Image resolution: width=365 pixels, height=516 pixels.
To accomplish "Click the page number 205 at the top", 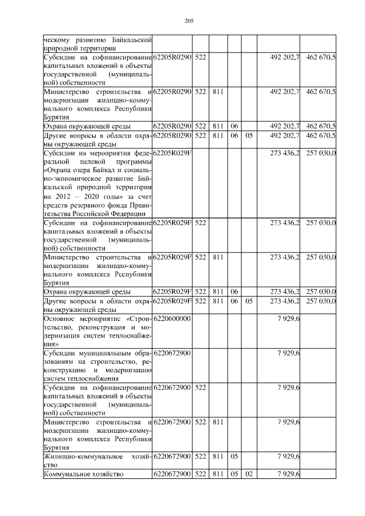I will click(189, 21).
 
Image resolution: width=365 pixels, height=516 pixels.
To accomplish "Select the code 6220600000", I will click(172, 318).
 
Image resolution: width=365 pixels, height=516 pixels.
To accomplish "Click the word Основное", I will click(62, 318).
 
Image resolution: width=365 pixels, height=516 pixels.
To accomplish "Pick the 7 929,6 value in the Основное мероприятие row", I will click(288, 318).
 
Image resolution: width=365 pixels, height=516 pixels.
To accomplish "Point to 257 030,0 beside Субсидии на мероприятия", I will click(321, 152).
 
